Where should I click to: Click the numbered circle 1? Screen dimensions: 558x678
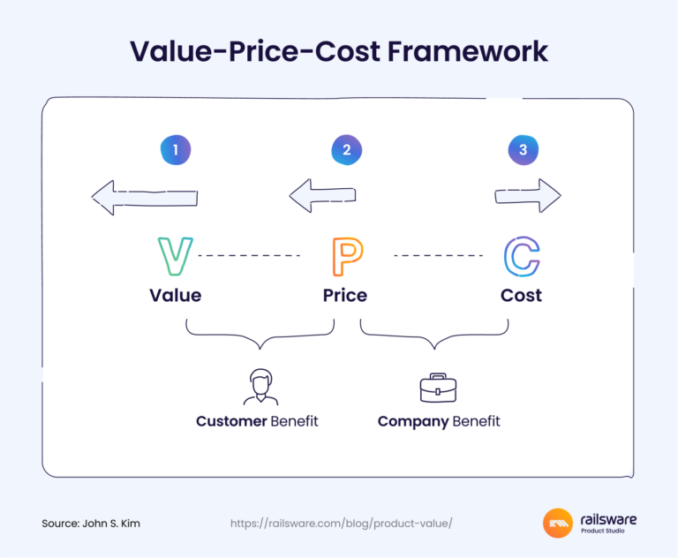pyautogui.click(x=176, y=150)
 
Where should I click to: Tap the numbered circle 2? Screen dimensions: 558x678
pyautogui.click(x=346, y=150)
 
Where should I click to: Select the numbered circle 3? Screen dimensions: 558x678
pyautogui.click(x=523, y=150)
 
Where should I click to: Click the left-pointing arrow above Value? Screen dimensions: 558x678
pyautogui.click(x=144, y=197)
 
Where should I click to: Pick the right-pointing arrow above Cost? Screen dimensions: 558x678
pyautogui.click(x=528, y=195)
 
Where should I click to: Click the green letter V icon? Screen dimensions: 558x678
pyautogui.click(x=175, y=255)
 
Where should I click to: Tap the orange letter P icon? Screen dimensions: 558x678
pyautogui.click(x=345, y=256)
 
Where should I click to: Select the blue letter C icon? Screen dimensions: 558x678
pyautogui.click(x=522, y=256)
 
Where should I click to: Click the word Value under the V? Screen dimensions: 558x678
pyautogui.click(x=175, y=295)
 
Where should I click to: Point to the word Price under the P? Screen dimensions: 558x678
pyautogui.click(x=345, y=295)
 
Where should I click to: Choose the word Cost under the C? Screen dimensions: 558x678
pyautogui.click(x=521, y=295)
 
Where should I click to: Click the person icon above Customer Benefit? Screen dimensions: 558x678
pyautogui.click(x=260, y=387)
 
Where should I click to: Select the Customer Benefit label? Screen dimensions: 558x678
pyautogui.click(x=257, y=421)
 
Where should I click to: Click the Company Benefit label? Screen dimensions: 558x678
pyautogui.click(x=439, y=421)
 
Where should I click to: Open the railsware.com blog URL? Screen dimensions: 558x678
pyautogui.click(x=341, y=523)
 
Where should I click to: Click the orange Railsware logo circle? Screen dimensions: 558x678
pyautogui.click(x=558, y=524)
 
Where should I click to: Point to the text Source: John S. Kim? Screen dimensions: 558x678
pyautogui.click(x=91, y=523)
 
